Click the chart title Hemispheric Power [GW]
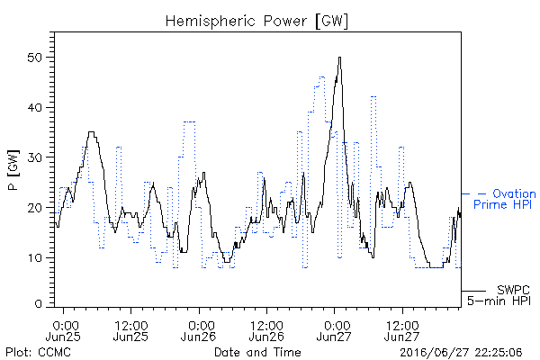[256, 21]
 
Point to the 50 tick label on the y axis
[35, 58]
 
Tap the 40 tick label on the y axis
[35, 107]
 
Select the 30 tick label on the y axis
[35, 157]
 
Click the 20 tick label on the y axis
[35, 208]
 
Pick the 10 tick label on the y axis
[35, 258]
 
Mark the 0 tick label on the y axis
[39, 304]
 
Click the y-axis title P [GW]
[13, 170]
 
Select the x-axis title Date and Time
[257, 353]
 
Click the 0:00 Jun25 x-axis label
[63, 331]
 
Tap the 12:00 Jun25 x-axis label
[130, 331]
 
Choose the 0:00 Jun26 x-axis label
[199, 331]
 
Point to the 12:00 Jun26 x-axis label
[266, 331]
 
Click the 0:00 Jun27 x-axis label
[334, 331]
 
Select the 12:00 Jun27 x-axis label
[402, 331]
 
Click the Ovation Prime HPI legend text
[505, 199]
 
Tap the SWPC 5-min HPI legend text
[499, 295]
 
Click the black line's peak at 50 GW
[339, 58]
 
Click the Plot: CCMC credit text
[38, 353]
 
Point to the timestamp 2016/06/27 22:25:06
[461, 353]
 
